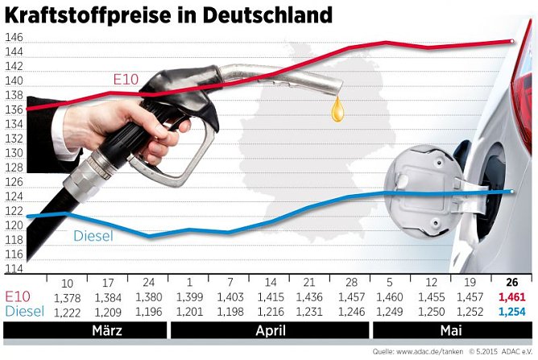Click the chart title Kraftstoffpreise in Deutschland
(x=168, y=14)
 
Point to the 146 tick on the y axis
(x=14, y=38)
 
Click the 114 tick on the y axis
(x=14, y=269)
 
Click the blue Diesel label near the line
(x=93, y=236)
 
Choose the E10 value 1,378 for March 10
(x=67, y=297)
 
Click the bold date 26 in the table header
(x=511, y=283)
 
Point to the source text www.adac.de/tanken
(x=428, y=352)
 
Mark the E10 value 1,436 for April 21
(x=308, y=297)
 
